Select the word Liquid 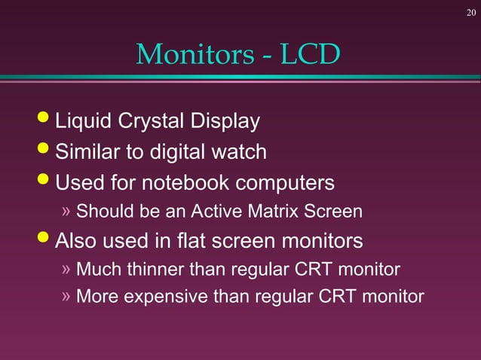82,122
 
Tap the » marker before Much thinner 66,269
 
